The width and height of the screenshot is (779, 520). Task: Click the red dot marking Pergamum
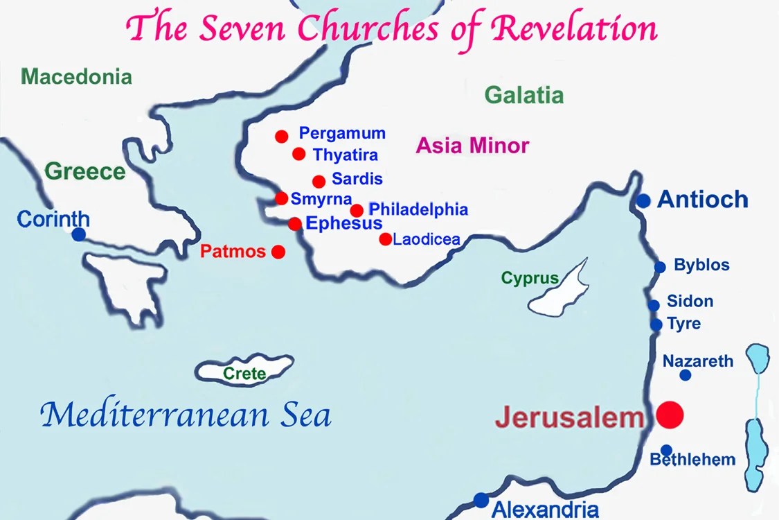(281, 137)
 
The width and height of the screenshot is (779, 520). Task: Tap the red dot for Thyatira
(299, 154)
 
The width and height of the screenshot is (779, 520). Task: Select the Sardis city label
(357, 179)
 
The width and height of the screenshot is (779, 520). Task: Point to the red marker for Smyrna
(282, 198)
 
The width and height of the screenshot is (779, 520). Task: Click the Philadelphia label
(418, 209)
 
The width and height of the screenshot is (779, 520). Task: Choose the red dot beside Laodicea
(385, 239)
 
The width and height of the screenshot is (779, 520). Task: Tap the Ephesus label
(343, 223)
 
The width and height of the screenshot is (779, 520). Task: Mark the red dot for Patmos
(278, 252)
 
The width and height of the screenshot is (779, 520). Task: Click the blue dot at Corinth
(79, 234)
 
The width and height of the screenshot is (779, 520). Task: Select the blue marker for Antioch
(644, 201)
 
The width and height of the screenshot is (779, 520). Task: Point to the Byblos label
(701, 266)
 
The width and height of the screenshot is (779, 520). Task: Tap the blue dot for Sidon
(654, 305)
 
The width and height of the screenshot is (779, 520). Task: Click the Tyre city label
(683, 324)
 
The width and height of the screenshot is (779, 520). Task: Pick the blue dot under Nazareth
(686, 375)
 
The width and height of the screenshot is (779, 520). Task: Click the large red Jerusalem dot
(670, 415)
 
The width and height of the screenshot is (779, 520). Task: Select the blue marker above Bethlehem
(666, 450)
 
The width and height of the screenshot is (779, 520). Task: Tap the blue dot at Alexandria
(481, 499)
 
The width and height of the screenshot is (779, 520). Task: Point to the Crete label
(244, 374)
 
